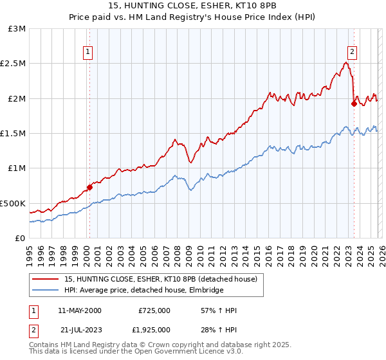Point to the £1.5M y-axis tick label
14,133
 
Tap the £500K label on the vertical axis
13,203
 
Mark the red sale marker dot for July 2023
354,104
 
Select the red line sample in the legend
46,279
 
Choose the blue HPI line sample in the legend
46,291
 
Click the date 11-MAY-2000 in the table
79,310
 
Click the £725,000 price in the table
154,310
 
